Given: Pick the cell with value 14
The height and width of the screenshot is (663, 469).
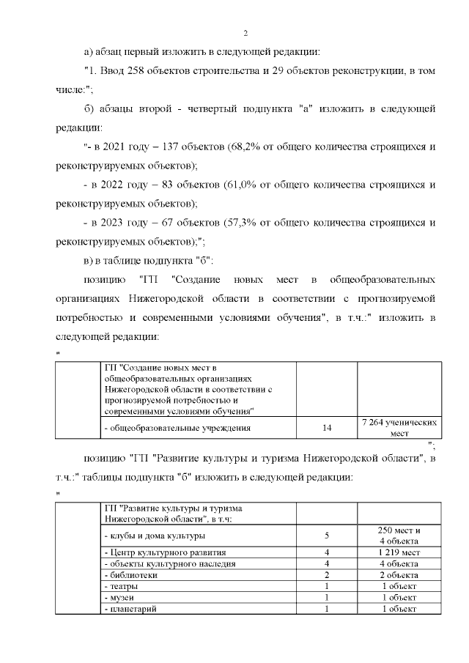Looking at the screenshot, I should click(x=326, y=428).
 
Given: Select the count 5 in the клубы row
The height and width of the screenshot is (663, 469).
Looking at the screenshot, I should click(x=326, y=535).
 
